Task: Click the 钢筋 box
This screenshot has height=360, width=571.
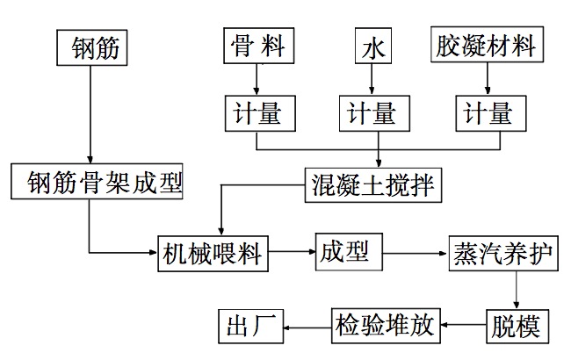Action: (x=91, y=47)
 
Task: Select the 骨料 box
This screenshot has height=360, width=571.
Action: (x=257, y=45)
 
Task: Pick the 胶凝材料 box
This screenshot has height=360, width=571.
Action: (x=486, y=45)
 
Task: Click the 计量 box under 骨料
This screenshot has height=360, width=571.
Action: (x=256, y=114)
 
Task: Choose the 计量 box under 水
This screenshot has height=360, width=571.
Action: (x=370, y=114)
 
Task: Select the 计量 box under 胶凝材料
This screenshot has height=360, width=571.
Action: (x=484, y=114)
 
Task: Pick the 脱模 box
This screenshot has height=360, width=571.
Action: (x=517, y=326)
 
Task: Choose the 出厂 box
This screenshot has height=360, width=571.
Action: (x=249, y=326)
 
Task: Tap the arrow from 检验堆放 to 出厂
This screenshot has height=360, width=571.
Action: (x=307, y=327)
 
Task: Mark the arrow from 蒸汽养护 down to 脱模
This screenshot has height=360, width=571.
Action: (x=518, y=289)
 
